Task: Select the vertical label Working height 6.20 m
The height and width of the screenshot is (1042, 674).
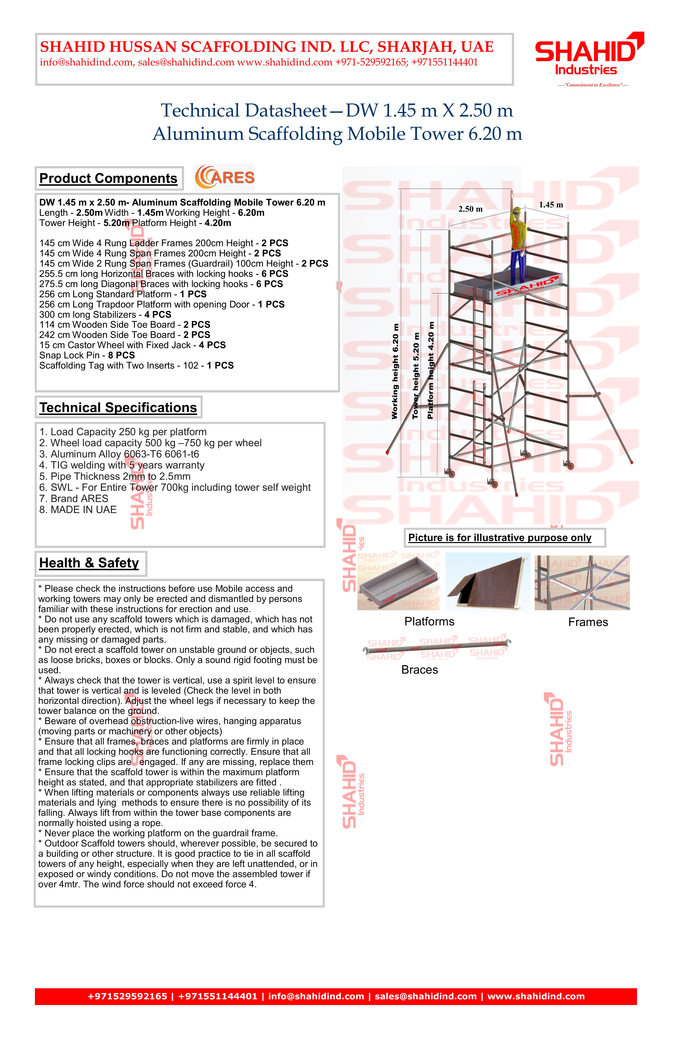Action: [x=395, y=371]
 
